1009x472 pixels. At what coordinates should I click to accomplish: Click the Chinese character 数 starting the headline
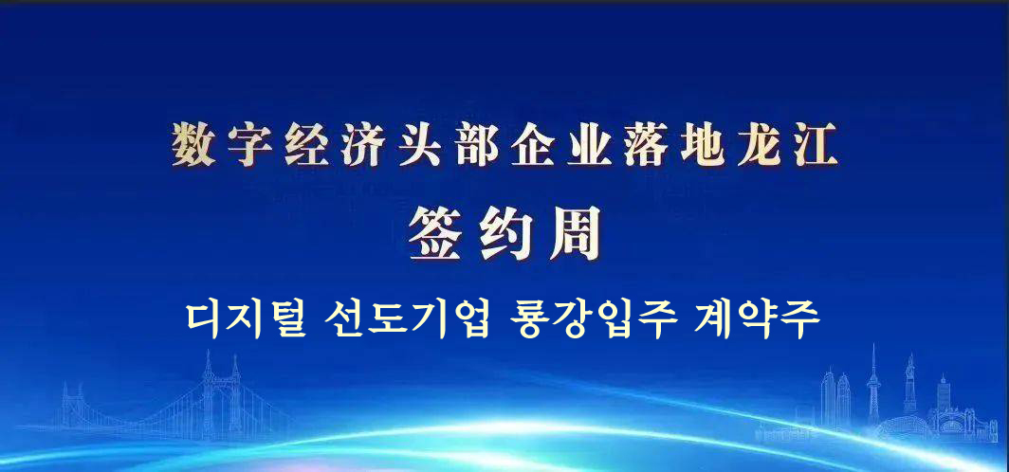tap(193, 145)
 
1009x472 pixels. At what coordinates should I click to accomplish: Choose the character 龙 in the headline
tap(760, 145)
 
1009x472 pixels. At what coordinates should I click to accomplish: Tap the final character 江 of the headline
tap(816, 145)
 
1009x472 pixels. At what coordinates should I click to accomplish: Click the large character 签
tap(435, 233)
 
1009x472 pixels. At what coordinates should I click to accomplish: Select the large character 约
tap(505, 233)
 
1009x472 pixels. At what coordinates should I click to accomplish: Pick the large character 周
tap(575, 233)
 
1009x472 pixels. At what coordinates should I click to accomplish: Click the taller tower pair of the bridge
tap(221, 395)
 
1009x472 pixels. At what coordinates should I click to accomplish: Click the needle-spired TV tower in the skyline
tap(873, 385)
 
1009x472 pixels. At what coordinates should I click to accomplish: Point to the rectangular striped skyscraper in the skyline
tap(944, 393)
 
